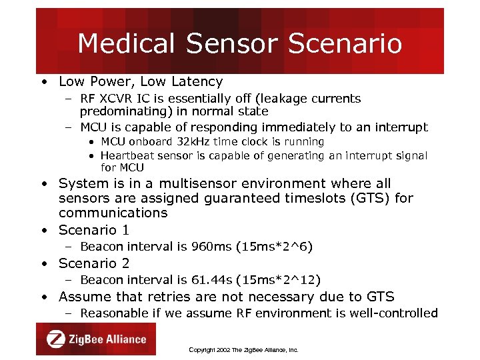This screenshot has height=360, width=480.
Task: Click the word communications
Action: click(113, 213)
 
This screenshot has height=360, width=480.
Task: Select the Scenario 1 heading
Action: click(93, 230)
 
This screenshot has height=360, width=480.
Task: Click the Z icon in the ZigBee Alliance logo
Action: click(55, 339)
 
